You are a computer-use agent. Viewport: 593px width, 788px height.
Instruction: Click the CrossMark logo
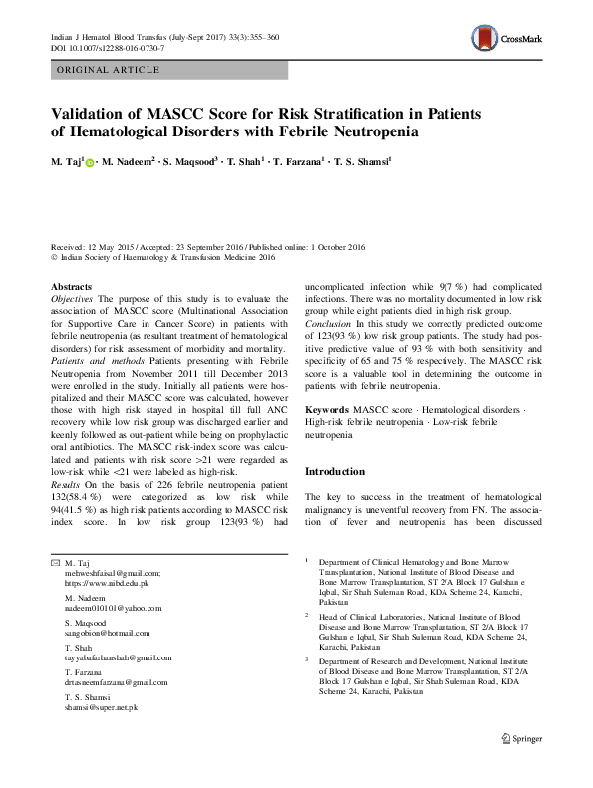[x=507, y=41]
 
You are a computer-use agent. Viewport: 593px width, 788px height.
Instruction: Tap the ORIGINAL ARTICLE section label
[x=109, y=70]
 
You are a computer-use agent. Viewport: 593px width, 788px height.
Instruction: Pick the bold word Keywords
[x=327, y=410]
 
